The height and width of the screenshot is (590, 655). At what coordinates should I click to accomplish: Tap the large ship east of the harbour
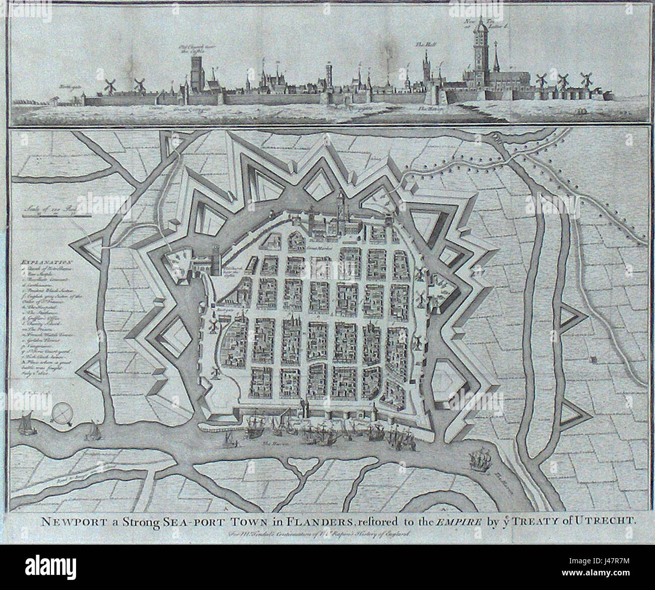click(478, 459)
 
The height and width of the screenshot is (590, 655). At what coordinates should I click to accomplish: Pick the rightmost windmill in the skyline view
click(585, 80)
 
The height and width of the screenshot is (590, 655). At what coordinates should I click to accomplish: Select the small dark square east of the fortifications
click(593, 360)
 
